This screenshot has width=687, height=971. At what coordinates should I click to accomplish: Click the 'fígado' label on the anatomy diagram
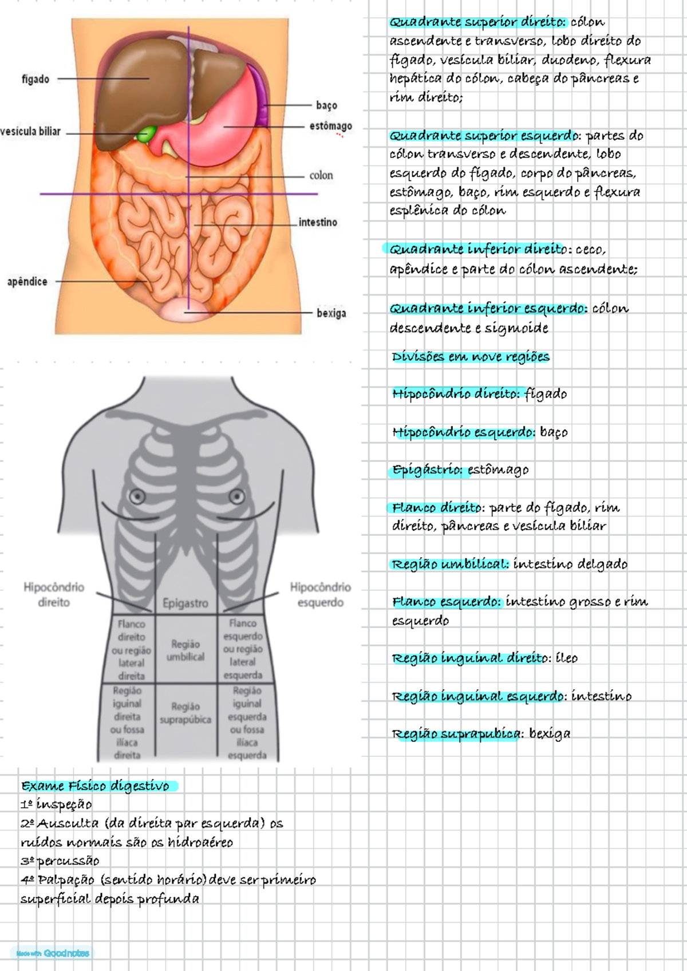click(35, 79)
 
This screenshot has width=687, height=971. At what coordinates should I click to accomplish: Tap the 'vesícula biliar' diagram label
click(30, 132)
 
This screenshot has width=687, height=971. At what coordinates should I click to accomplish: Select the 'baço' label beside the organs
click(326, 105)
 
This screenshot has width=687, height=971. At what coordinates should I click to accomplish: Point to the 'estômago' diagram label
click(331, 126)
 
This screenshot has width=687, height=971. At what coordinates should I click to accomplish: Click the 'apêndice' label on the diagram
click(27, 282)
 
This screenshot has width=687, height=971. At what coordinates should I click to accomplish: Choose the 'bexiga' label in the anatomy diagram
click(331, 313)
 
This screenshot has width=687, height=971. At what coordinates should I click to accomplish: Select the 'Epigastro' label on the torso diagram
click(185, 603)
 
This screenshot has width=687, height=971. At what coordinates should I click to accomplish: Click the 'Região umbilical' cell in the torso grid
click(185, 650)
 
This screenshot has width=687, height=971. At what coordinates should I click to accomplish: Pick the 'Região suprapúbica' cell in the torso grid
click(185, 713)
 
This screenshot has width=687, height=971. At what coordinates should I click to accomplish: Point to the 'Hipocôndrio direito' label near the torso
click(54, 594)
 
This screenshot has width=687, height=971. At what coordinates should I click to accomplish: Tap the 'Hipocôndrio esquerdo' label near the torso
click(320, 594)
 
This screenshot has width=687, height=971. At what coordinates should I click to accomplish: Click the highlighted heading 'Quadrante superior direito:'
click(477, 22)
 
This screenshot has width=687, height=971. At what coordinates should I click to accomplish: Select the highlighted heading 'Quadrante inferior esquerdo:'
click(488, 309)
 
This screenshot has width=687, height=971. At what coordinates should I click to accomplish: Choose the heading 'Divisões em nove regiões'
click(471, 357)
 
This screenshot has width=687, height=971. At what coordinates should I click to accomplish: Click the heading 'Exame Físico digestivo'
click(96, 786)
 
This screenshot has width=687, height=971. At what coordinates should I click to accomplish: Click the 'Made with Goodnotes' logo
click(53, 953)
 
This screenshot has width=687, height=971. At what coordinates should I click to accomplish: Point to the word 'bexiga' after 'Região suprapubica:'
click(550, 733)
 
